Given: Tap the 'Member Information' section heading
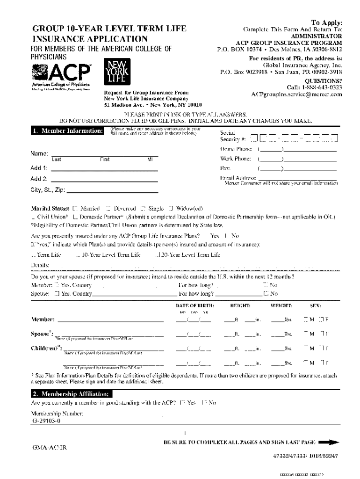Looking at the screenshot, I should tap(67, 131).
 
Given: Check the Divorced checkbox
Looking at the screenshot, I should tap(108, 208).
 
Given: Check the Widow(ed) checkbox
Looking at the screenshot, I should tap(171, 208).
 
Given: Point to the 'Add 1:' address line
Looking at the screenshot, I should tap(104, 168).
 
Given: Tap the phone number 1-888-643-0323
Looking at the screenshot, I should tap(315, 87).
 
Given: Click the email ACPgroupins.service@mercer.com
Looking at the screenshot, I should tap(296, 94).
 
